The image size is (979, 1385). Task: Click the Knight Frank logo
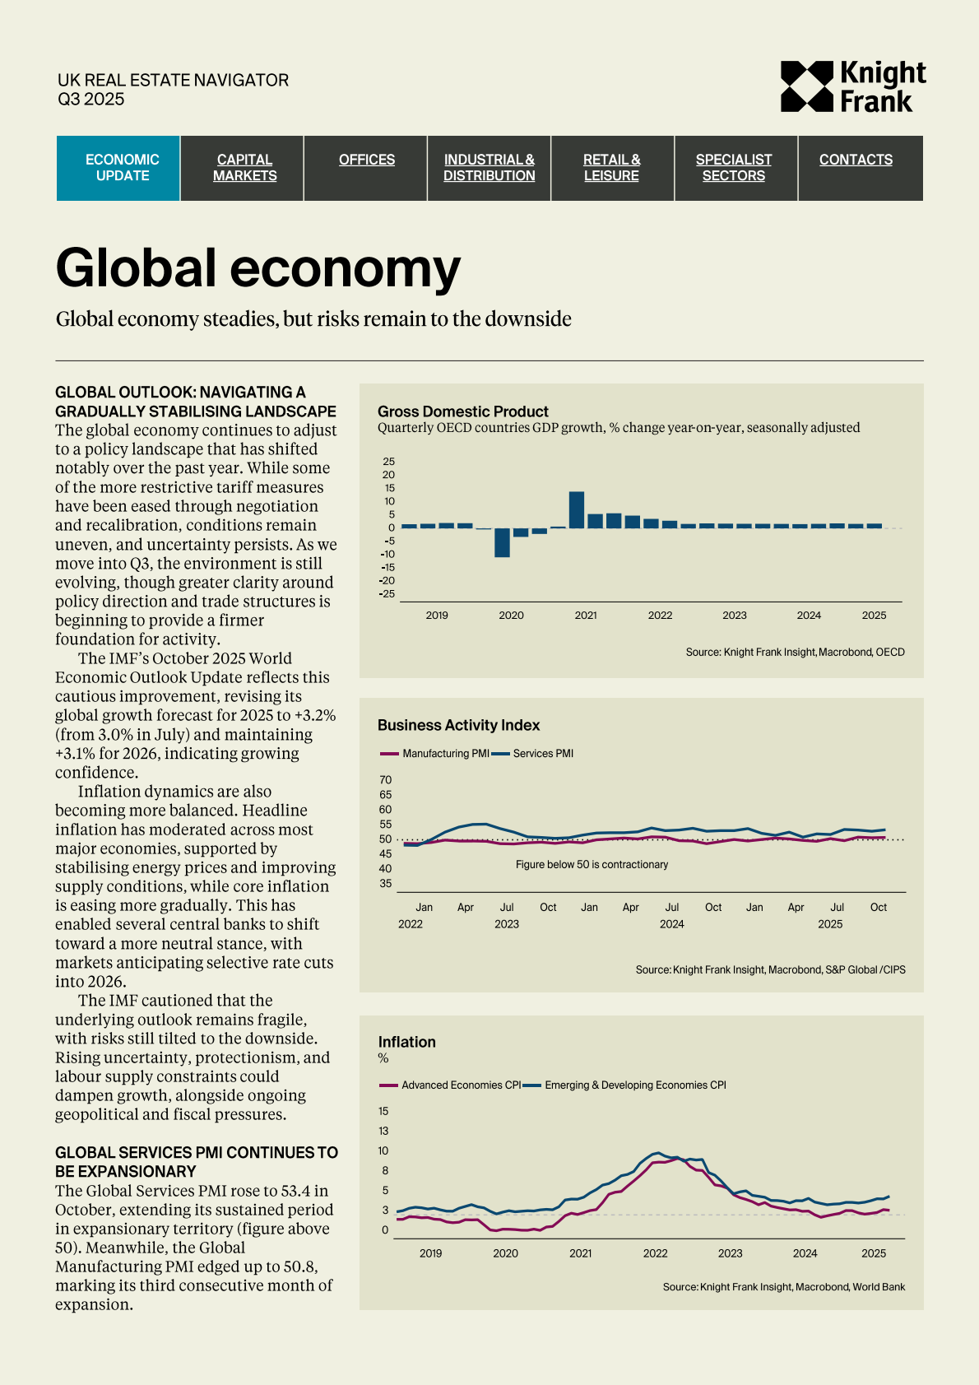(852, 86)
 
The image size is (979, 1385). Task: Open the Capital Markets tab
(244, 168)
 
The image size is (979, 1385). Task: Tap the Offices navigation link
(366, 160)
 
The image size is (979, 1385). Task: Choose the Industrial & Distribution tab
(489, 168)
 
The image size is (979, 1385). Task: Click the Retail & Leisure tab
(611, 168)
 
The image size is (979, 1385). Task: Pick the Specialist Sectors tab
(733, 168)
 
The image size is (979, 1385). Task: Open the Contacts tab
(856, 160)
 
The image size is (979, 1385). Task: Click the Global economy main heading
(258, 268)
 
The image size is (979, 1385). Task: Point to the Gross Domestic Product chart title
(462, 411)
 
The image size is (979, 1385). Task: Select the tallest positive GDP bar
(577, 509)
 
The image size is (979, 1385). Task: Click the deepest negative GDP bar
(502, 542)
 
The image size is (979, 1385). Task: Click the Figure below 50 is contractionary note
(592, 865)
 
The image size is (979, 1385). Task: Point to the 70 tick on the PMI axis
(386, 780)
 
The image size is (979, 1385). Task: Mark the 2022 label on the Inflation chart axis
(655, 1253)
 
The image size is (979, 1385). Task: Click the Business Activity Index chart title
(458, 725)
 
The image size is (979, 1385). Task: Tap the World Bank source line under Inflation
(783, 1287)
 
